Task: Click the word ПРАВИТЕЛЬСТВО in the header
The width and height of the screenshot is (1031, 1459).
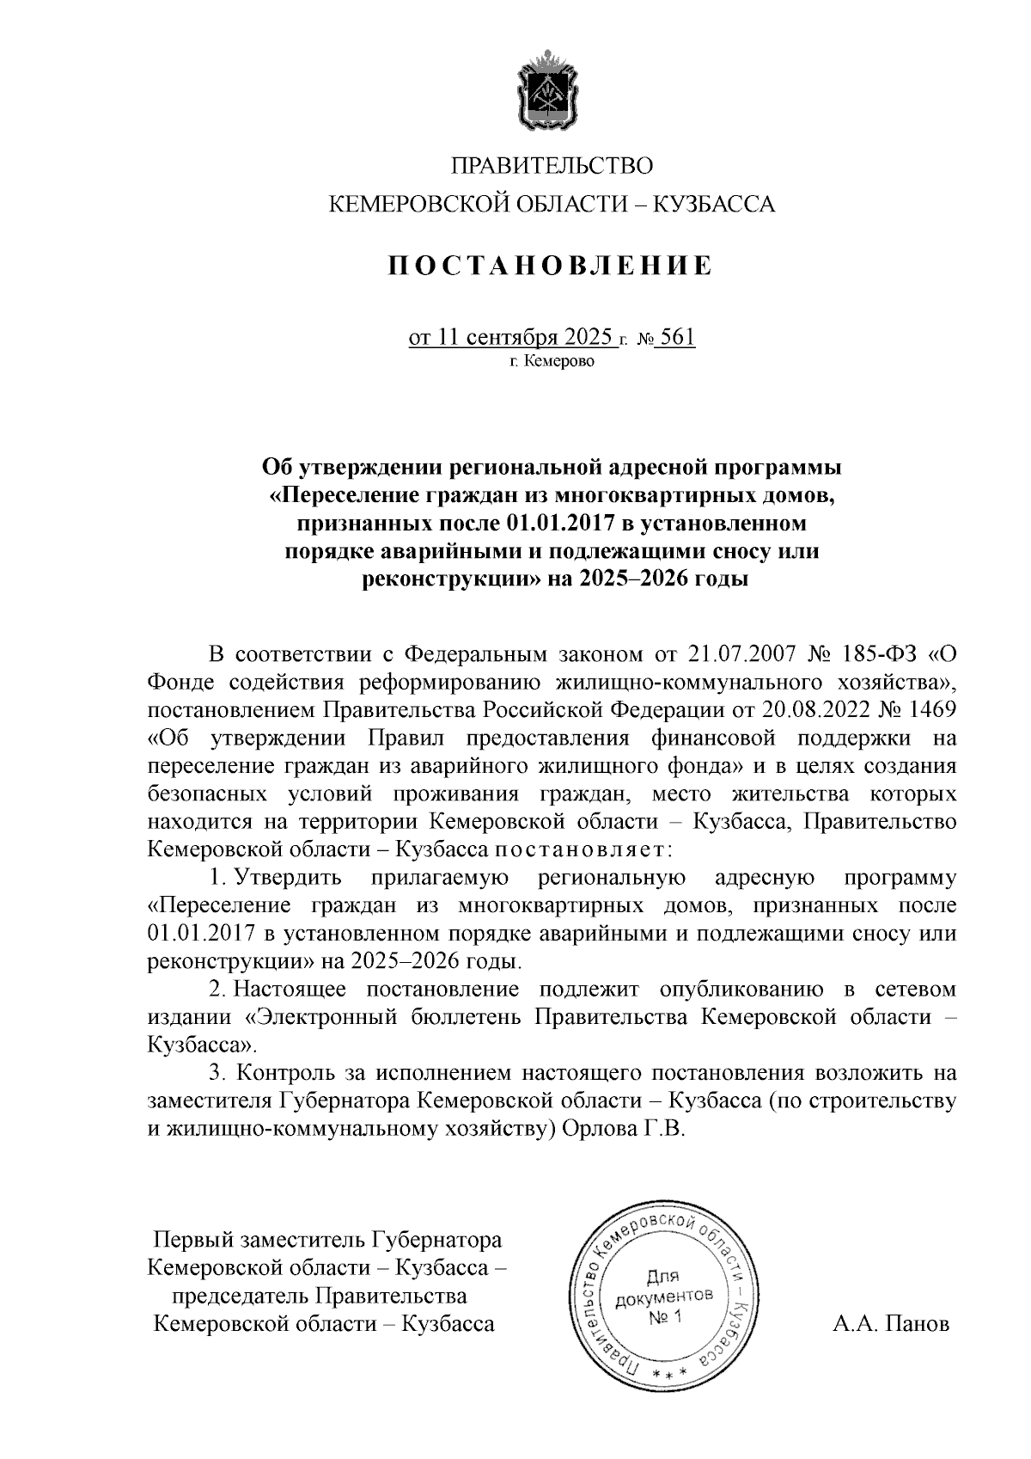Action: [x=552, y=165]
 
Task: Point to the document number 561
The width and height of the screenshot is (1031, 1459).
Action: [x=678, y=336]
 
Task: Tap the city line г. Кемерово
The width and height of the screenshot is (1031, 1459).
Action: [x=552, y=362]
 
